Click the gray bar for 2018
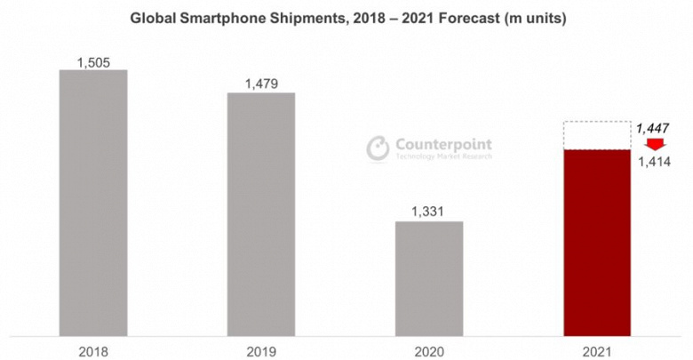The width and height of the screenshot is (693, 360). [x=92, y=204]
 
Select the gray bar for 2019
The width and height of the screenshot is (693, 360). [x=261, y=215]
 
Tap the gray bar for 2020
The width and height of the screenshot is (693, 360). [x=429, y=279]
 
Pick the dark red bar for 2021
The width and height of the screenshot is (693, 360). [x=597, y=244]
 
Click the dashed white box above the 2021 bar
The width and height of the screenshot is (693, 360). [x=597, y=135]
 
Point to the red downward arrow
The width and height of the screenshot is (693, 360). [x=655, y=145]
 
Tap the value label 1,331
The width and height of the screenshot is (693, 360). [x=429, y=212]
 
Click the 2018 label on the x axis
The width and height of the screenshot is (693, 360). [x=92, y=350]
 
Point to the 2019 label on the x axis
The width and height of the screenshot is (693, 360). [x=261, y=350]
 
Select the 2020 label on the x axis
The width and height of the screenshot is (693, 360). [x=429, y=350]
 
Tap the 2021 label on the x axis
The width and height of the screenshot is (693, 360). [x=597, y=350]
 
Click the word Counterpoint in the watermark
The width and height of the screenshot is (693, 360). [x=442, y=145]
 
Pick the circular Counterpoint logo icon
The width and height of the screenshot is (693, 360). [x=379, y=148]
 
